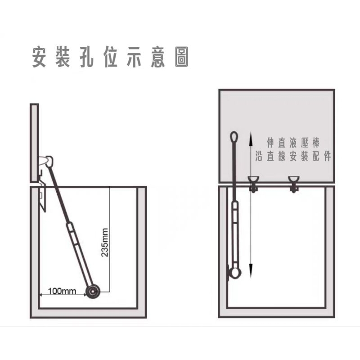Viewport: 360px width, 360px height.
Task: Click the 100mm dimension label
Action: coord(62,291)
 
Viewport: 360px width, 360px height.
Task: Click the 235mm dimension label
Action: coord(105,243)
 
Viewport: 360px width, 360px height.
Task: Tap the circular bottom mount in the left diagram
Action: coord(93,292)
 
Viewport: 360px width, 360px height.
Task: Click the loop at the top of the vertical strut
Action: coord(234,136)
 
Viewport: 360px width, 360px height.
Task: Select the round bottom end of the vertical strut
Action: coord(234,273)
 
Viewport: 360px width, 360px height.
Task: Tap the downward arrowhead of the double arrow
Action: coord(251,271)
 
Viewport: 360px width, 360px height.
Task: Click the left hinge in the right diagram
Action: coord(253,184)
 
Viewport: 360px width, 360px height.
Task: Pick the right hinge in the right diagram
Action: coord(294,184)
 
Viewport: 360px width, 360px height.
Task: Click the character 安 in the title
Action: coord(40,57)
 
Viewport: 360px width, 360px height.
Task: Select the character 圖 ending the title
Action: coord(181,57)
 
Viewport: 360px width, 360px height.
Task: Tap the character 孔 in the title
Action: coord(86,57)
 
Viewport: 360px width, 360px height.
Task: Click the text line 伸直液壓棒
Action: coord(293,143)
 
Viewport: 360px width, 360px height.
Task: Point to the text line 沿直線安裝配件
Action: coord(293,156)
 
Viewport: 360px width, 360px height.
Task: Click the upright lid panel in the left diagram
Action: coord(34,143)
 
